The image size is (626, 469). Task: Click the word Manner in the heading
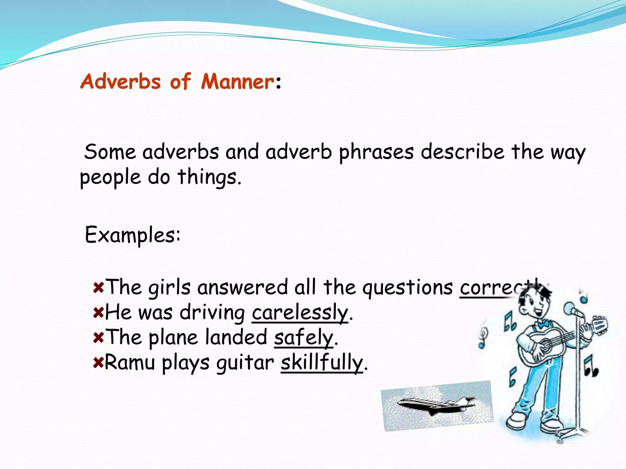238,82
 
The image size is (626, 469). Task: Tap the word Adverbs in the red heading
120,82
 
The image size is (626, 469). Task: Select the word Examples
132,235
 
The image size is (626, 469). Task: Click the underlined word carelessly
300,313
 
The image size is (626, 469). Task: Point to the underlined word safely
303,338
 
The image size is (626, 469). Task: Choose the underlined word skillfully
322,363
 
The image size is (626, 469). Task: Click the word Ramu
130,363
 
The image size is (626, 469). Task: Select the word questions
407,288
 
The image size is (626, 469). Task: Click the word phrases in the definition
376,152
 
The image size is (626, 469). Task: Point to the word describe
462,152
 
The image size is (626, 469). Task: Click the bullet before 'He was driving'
98,313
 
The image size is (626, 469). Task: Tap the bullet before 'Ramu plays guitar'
98,363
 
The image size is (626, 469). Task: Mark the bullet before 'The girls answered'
98,288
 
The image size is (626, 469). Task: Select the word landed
236,338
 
